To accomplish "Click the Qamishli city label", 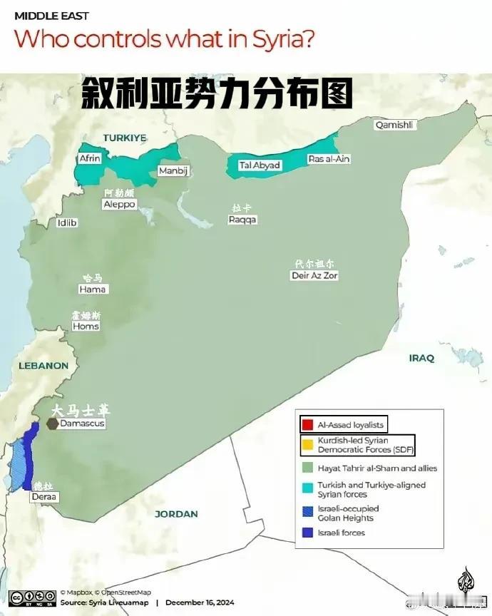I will point(394,125).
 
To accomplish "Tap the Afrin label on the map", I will point(90,158).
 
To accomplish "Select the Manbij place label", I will point(172,171).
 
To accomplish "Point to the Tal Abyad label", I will point(260,165).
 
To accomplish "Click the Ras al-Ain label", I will point(329,159).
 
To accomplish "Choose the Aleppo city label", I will point(119,204).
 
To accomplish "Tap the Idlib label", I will point(67,223).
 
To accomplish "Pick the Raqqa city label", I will point(242,220).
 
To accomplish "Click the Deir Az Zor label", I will point(314,275).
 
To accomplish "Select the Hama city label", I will point(93,289).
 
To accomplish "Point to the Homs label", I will point(86,326).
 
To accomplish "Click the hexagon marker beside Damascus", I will point(52,423).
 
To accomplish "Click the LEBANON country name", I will point(44,366).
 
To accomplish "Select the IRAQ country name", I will point(421,359).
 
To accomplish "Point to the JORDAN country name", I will point(177,513).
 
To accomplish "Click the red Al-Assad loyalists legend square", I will point(307,425).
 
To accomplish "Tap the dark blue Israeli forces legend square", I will point(307,533).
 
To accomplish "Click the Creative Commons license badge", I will point(32,597).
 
